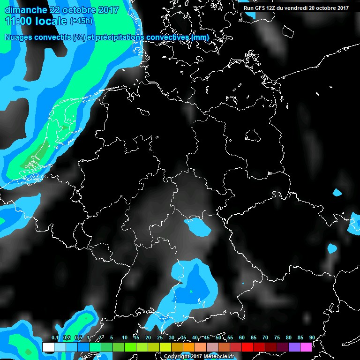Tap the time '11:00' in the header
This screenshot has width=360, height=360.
tap(18, 21)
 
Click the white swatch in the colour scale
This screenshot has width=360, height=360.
tap(48, 347)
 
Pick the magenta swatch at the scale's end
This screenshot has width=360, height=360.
tap(306, 347)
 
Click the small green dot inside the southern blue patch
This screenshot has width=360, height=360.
tap(191, 292)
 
